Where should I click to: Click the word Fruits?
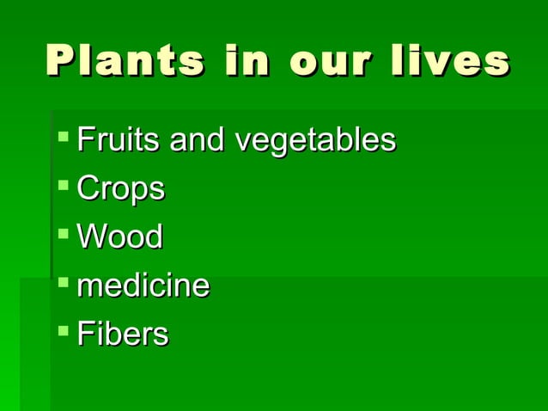(119, 139)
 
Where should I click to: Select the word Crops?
(120, 189)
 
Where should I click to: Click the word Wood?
(119, 236)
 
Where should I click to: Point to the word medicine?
(143, 285)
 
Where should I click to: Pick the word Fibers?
(123, 334)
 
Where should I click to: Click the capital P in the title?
(58, 62)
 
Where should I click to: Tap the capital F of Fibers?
(84, 334)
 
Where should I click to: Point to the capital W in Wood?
(90, 236)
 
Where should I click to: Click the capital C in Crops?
(88, 188)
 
